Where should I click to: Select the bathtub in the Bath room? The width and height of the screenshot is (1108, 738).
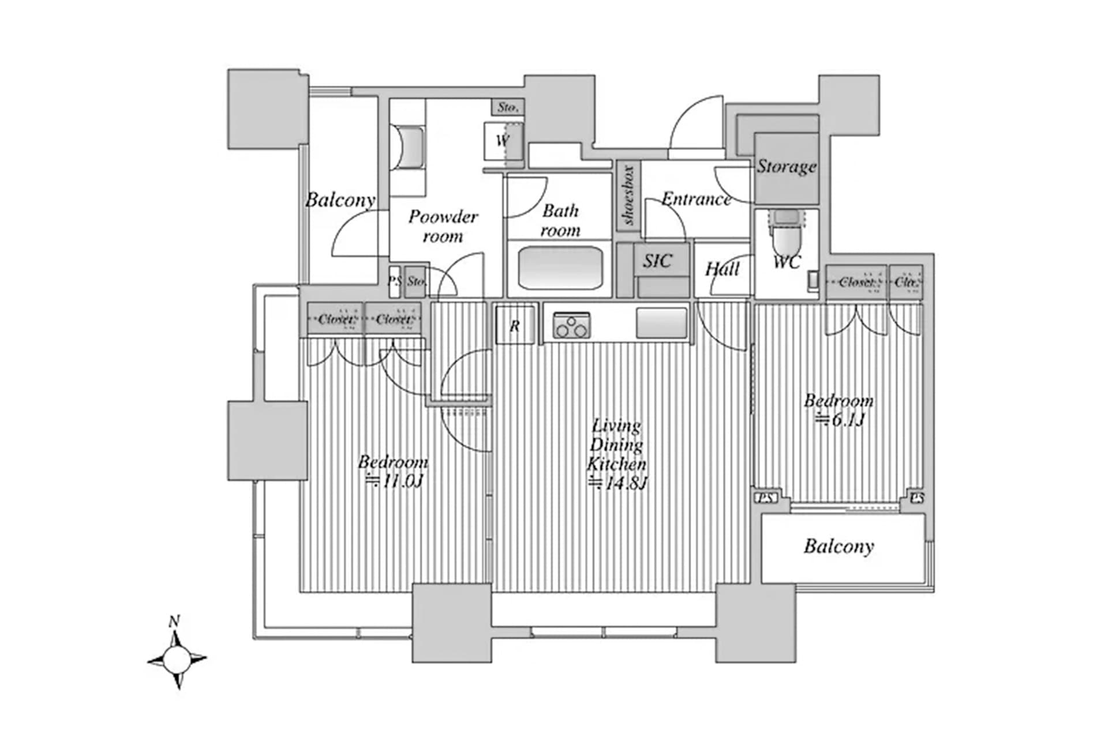560,268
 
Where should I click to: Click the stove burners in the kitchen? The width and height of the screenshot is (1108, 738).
571,326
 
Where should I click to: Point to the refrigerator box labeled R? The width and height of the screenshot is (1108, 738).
514,325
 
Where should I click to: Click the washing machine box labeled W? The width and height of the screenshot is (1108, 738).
503,141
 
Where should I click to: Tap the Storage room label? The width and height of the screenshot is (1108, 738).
786,167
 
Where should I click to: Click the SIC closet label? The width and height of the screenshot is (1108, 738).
657,261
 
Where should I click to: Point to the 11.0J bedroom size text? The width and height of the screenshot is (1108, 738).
394,480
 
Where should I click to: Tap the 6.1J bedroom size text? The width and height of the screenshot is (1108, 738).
840,419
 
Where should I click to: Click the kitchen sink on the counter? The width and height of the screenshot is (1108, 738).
661,323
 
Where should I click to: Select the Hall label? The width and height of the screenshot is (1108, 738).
722,269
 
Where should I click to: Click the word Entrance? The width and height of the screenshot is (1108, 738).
696,199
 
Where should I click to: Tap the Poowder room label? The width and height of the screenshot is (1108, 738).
443,226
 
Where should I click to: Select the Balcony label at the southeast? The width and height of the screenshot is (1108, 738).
839,546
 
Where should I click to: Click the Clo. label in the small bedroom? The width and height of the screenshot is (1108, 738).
906,283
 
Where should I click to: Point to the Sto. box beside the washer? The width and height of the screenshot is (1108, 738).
508,107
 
